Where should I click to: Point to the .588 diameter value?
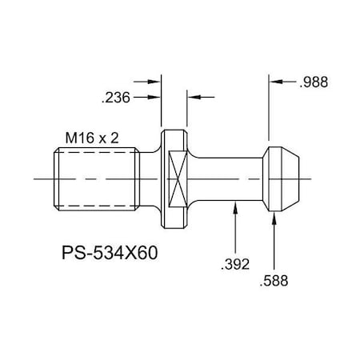click(x=275, y=281)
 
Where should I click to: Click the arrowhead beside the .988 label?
click(x=276, y=81)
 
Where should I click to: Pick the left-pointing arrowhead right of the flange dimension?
click(x=192, y=97)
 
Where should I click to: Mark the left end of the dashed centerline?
click(x=36, y=179)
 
